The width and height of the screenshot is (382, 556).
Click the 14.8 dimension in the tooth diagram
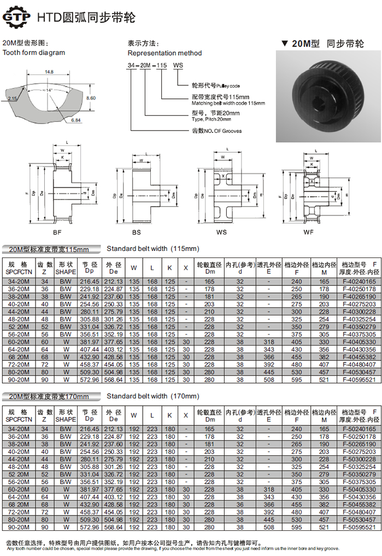(x=50, y=72)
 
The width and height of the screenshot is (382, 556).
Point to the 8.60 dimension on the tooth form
(x=91, y=98)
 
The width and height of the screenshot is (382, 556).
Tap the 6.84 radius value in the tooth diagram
(x=76, y=119)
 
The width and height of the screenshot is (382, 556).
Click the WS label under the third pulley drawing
(x=221, y=231)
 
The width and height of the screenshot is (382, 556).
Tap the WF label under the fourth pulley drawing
(x=308, y=231)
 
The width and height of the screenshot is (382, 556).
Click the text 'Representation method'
(x=164, y=53)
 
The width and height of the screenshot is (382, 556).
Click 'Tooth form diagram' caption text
(x=34, y=52)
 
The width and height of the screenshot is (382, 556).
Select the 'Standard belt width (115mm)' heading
(x=153, y=249)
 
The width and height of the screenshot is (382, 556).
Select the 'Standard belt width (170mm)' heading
(x=153, y=396)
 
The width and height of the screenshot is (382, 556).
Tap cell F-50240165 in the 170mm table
(x=359, y=430)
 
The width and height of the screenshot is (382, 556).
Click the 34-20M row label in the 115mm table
(x=19, y=282)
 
